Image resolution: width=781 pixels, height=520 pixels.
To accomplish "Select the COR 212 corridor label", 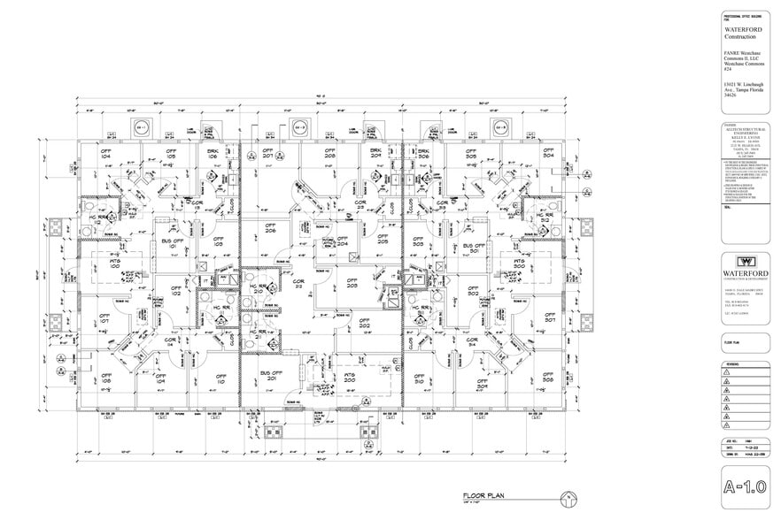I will click(x=298, y=284).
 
